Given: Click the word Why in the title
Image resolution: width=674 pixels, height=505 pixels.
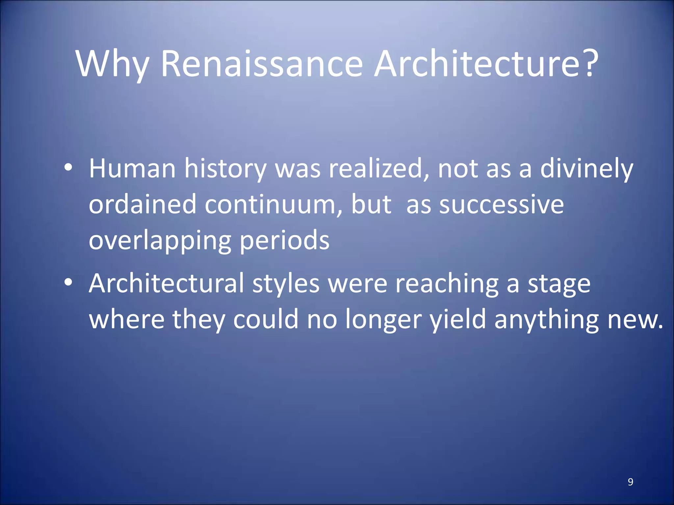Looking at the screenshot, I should tap(112, 64).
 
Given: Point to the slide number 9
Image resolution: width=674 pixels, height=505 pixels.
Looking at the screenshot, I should tap(630, 482).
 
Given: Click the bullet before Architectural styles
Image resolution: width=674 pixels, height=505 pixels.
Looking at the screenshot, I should tap(68, 282).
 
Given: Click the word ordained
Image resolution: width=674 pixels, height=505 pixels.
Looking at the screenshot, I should tap(143, 204).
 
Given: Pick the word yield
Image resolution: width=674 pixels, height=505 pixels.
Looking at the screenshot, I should tap(458, 320).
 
